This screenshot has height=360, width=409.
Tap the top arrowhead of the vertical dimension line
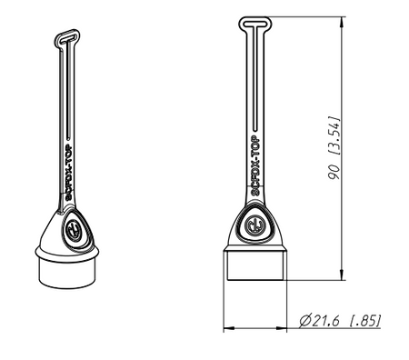point(343,21)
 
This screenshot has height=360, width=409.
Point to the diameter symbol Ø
point(304,320)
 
